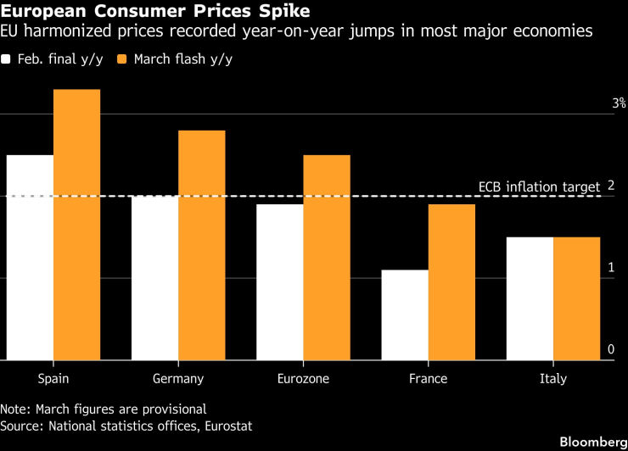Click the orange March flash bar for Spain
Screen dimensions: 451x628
click(76, 225)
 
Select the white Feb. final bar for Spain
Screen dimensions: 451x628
click(30, 258)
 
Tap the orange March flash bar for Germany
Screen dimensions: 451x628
click(201, 245)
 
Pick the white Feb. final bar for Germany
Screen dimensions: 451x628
click(154, 278)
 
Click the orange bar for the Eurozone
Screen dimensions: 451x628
click(327, 258)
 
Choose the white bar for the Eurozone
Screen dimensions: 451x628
click(280, 282)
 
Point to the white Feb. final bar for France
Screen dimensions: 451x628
click(405, 315)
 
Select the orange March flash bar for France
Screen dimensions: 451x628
click(451, 282)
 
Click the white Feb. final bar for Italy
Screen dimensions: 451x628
click(530, 298)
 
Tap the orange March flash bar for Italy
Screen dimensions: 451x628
click(576, 298)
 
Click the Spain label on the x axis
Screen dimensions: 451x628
click(53, 379)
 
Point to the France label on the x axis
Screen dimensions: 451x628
click(429, 379)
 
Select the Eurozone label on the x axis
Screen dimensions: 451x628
click(303, 379)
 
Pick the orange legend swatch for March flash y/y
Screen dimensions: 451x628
click(121, 59)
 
